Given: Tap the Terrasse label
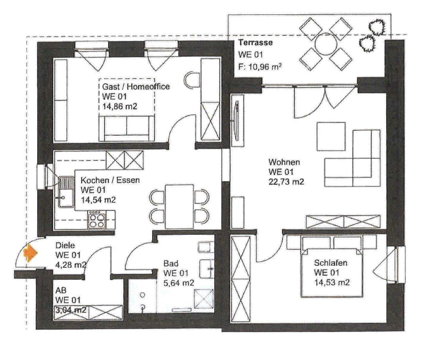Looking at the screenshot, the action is point(255,42).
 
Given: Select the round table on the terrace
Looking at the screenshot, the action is point(326,44).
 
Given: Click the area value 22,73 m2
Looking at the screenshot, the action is point(286,182).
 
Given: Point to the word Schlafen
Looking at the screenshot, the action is point(330,263).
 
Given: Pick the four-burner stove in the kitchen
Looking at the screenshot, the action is point(97,220).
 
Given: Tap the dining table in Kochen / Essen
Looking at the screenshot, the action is point(179,207).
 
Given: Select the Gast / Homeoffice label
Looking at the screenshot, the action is point(136,87).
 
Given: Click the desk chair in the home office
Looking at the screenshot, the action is point(192,80).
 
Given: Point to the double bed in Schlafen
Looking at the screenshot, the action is point(332,267).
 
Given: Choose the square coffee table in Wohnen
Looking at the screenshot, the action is point(331,137).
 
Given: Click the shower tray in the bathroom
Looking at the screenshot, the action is point(204,301).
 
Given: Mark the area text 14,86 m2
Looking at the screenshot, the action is point(120,107).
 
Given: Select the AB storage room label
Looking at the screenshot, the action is point(61,291).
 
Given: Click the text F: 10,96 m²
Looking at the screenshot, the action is point(259,67).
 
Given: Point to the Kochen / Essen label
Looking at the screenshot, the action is point(110,180).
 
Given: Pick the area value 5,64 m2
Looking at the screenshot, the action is point(178,283).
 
